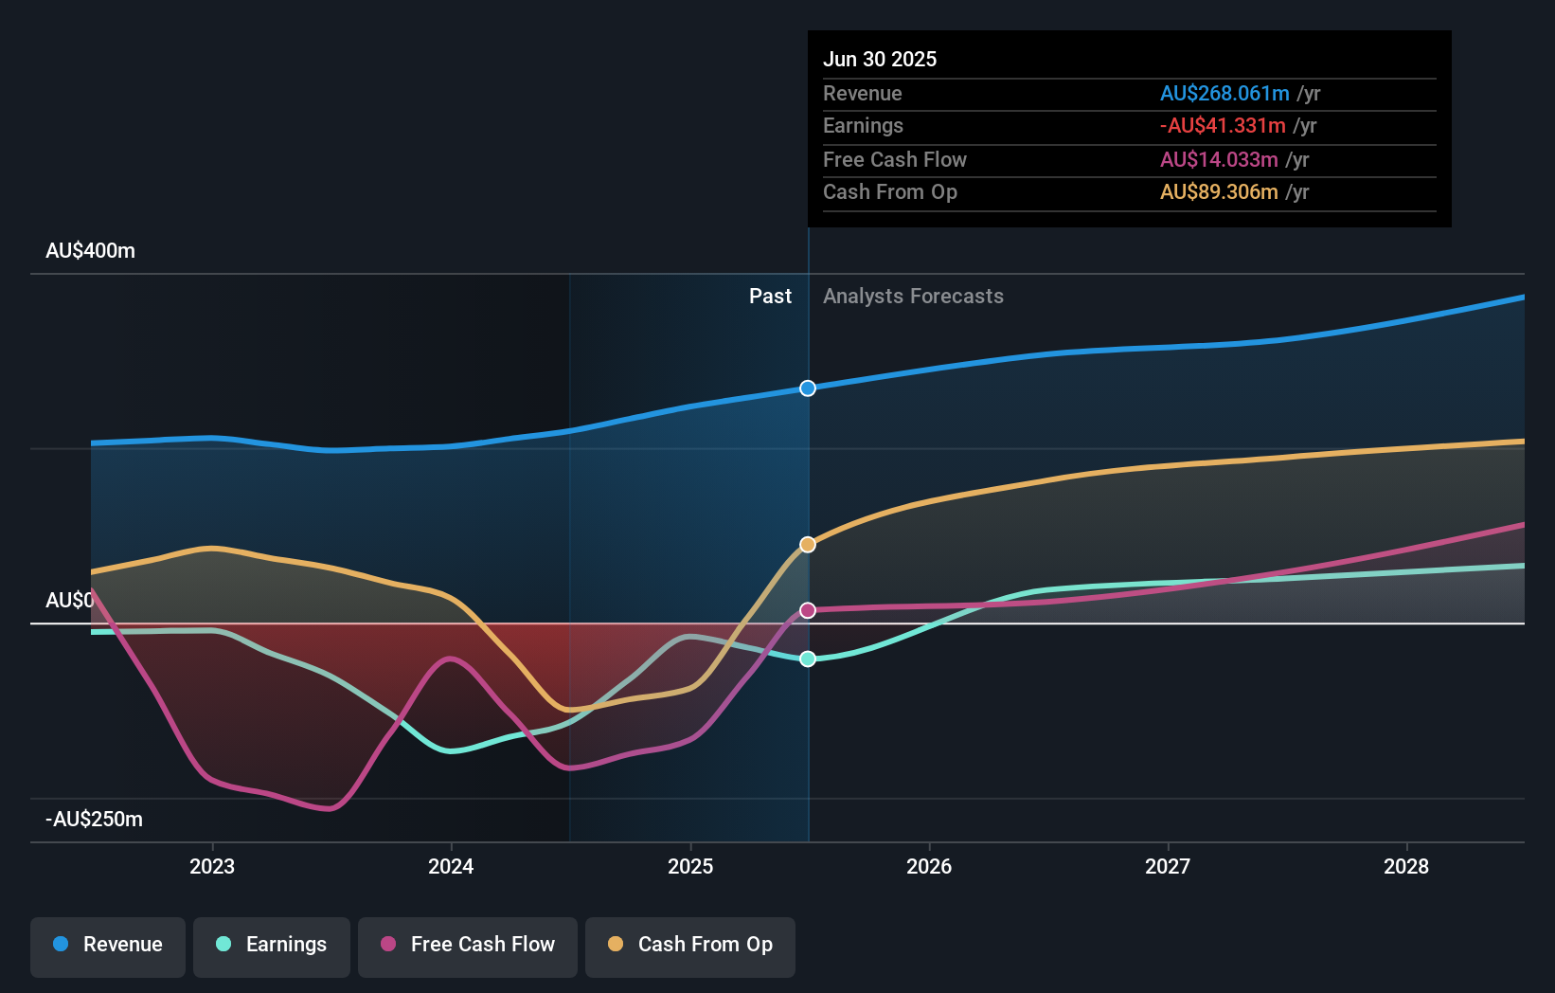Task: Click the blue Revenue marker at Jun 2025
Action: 808,388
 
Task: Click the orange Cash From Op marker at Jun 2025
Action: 808,545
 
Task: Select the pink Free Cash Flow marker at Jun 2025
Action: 808,610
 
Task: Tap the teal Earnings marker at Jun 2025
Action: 808,659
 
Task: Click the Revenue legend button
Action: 108,945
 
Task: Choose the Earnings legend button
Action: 272,945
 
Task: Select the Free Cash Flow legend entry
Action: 468,945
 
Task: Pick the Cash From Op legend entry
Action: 690,945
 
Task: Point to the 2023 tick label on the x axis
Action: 212,866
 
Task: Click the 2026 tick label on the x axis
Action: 929,866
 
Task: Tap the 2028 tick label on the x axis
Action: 1406,866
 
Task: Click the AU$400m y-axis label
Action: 90,251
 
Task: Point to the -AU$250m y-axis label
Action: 94,820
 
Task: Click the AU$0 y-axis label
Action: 70,601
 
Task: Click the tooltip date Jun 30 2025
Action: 880,59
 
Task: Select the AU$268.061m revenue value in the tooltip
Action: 1224,93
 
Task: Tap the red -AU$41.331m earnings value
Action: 1223,126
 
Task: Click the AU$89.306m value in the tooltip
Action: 1219,192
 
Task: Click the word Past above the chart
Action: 770,297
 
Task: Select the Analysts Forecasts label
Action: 913,297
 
